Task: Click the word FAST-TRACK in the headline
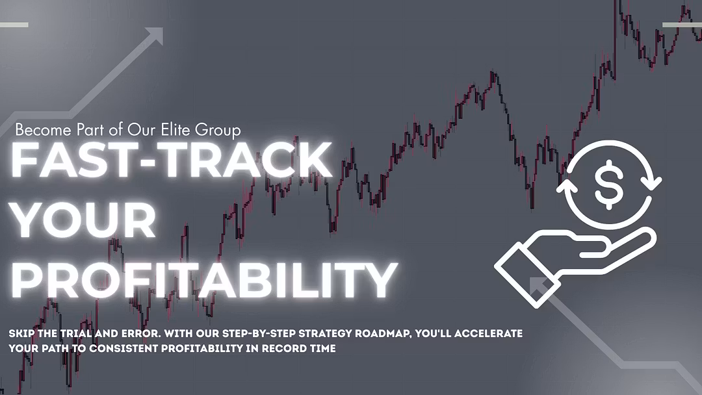coord(171,159)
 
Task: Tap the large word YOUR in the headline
coord(83,220)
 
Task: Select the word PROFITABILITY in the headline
coord(204,280)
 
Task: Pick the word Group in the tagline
coord(218,131)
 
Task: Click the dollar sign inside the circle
coord(609,184)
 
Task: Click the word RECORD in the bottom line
coord(278,348)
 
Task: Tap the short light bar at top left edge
coord(14,25)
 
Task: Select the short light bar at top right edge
coord(682,25)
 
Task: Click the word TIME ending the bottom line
coord(317,348)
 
